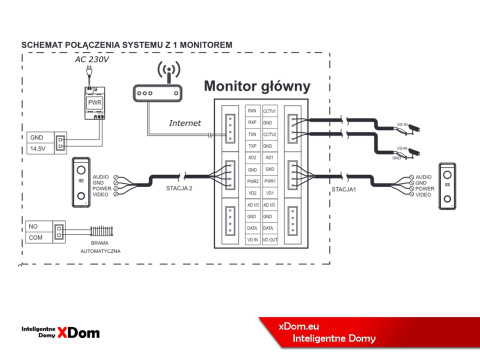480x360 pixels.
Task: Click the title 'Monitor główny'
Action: pos(256,86)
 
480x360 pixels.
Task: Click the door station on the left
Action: pos(80,184)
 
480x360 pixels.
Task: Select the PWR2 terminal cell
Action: pos(252,181)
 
